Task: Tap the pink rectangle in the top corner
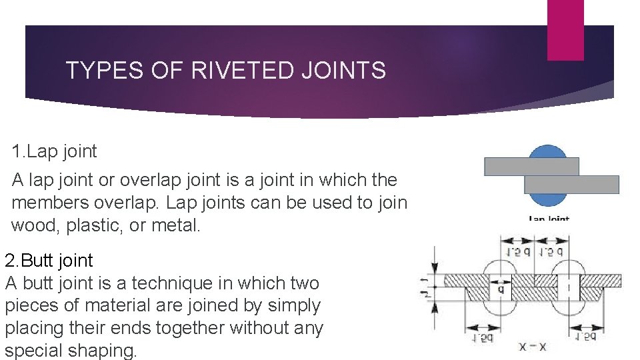click(x=565, y=29)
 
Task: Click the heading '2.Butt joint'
click(x=49, y=260)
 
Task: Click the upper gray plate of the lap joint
click(x=531, y=166)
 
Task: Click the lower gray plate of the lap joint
click(x=571, y=184)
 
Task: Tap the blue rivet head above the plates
click(x=549, y=151)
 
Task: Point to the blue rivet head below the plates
click(x=549, y=199)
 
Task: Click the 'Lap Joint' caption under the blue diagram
click(x=549, y=218)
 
